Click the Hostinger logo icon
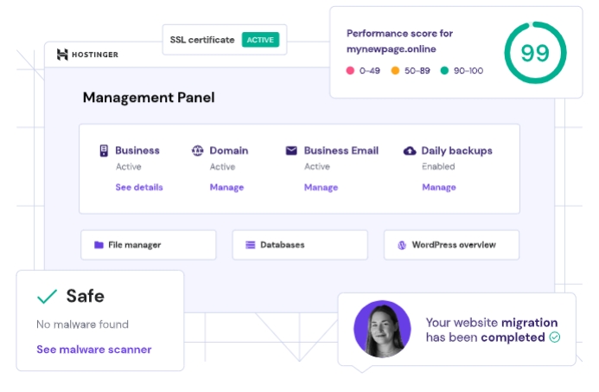tap(62, 55)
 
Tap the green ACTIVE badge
tap(260, 40)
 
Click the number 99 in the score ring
tap(535, 53)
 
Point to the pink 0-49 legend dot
tap(351, 71)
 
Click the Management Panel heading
tap(149, 98)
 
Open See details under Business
tap(139, 187)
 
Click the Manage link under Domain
tap(226, 187)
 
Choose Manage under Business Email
tap(321, 187)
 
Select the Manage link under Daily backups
tap(438, 187)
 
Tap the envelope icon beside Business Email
tap(291, 151)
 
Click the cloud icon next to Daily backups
tap(410, 151)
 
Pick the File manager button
tap(148, 245)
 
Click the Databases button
tap(300, 245)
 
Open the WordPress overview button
tap(451, 245)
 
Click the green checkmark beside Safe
tap(47, 297)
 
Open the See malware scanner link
tap(93, 350)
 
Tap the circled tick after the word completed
tap(555, 337)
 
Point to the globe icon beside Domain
tap(197, 151)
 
